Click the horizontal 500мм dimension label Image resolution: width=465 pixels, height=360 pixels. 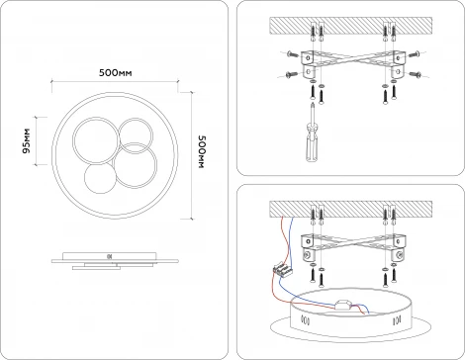tap(115, 72)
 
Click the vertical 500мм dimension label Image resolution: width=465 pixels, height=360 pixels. tap(202, 151)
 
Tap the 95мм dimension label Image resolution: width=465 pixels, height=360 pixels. tap(26, 140)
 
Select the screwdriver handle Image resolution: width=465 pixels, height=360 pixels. tap(312, 142)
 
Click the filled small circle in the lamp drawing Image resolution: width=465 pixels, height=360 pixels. tap(100, 178)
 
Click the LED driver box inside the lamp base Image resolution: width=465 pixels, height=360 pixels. tap(343, 306)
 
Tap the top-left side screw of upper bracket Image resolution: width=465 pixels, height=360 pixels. tap(292, 53)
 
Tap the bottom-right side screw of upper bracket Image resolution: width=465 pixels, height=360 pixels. tap(415, 74)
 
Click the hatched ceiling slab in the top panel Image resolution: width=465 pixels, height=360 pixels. tap(351, 26)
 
